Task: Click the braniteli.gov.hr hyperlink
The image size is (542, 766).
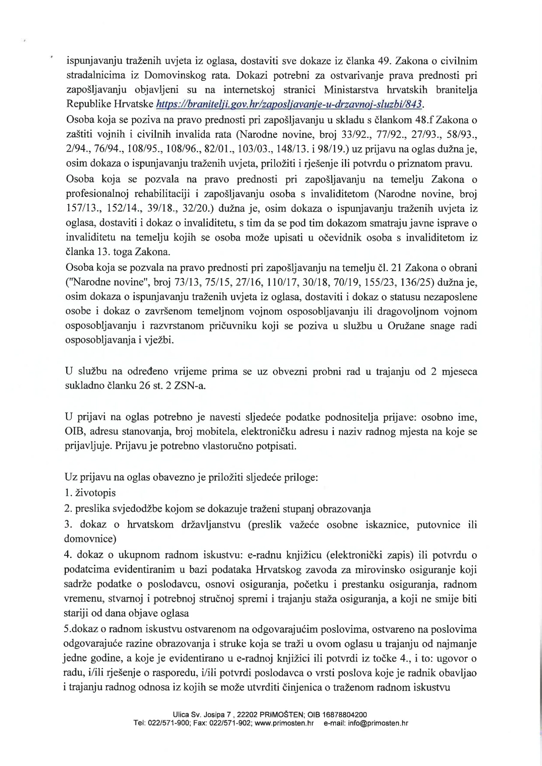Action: click(x=290, y=105)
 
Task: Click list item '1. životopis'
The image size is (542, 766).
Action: click(x=90, y=493)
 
